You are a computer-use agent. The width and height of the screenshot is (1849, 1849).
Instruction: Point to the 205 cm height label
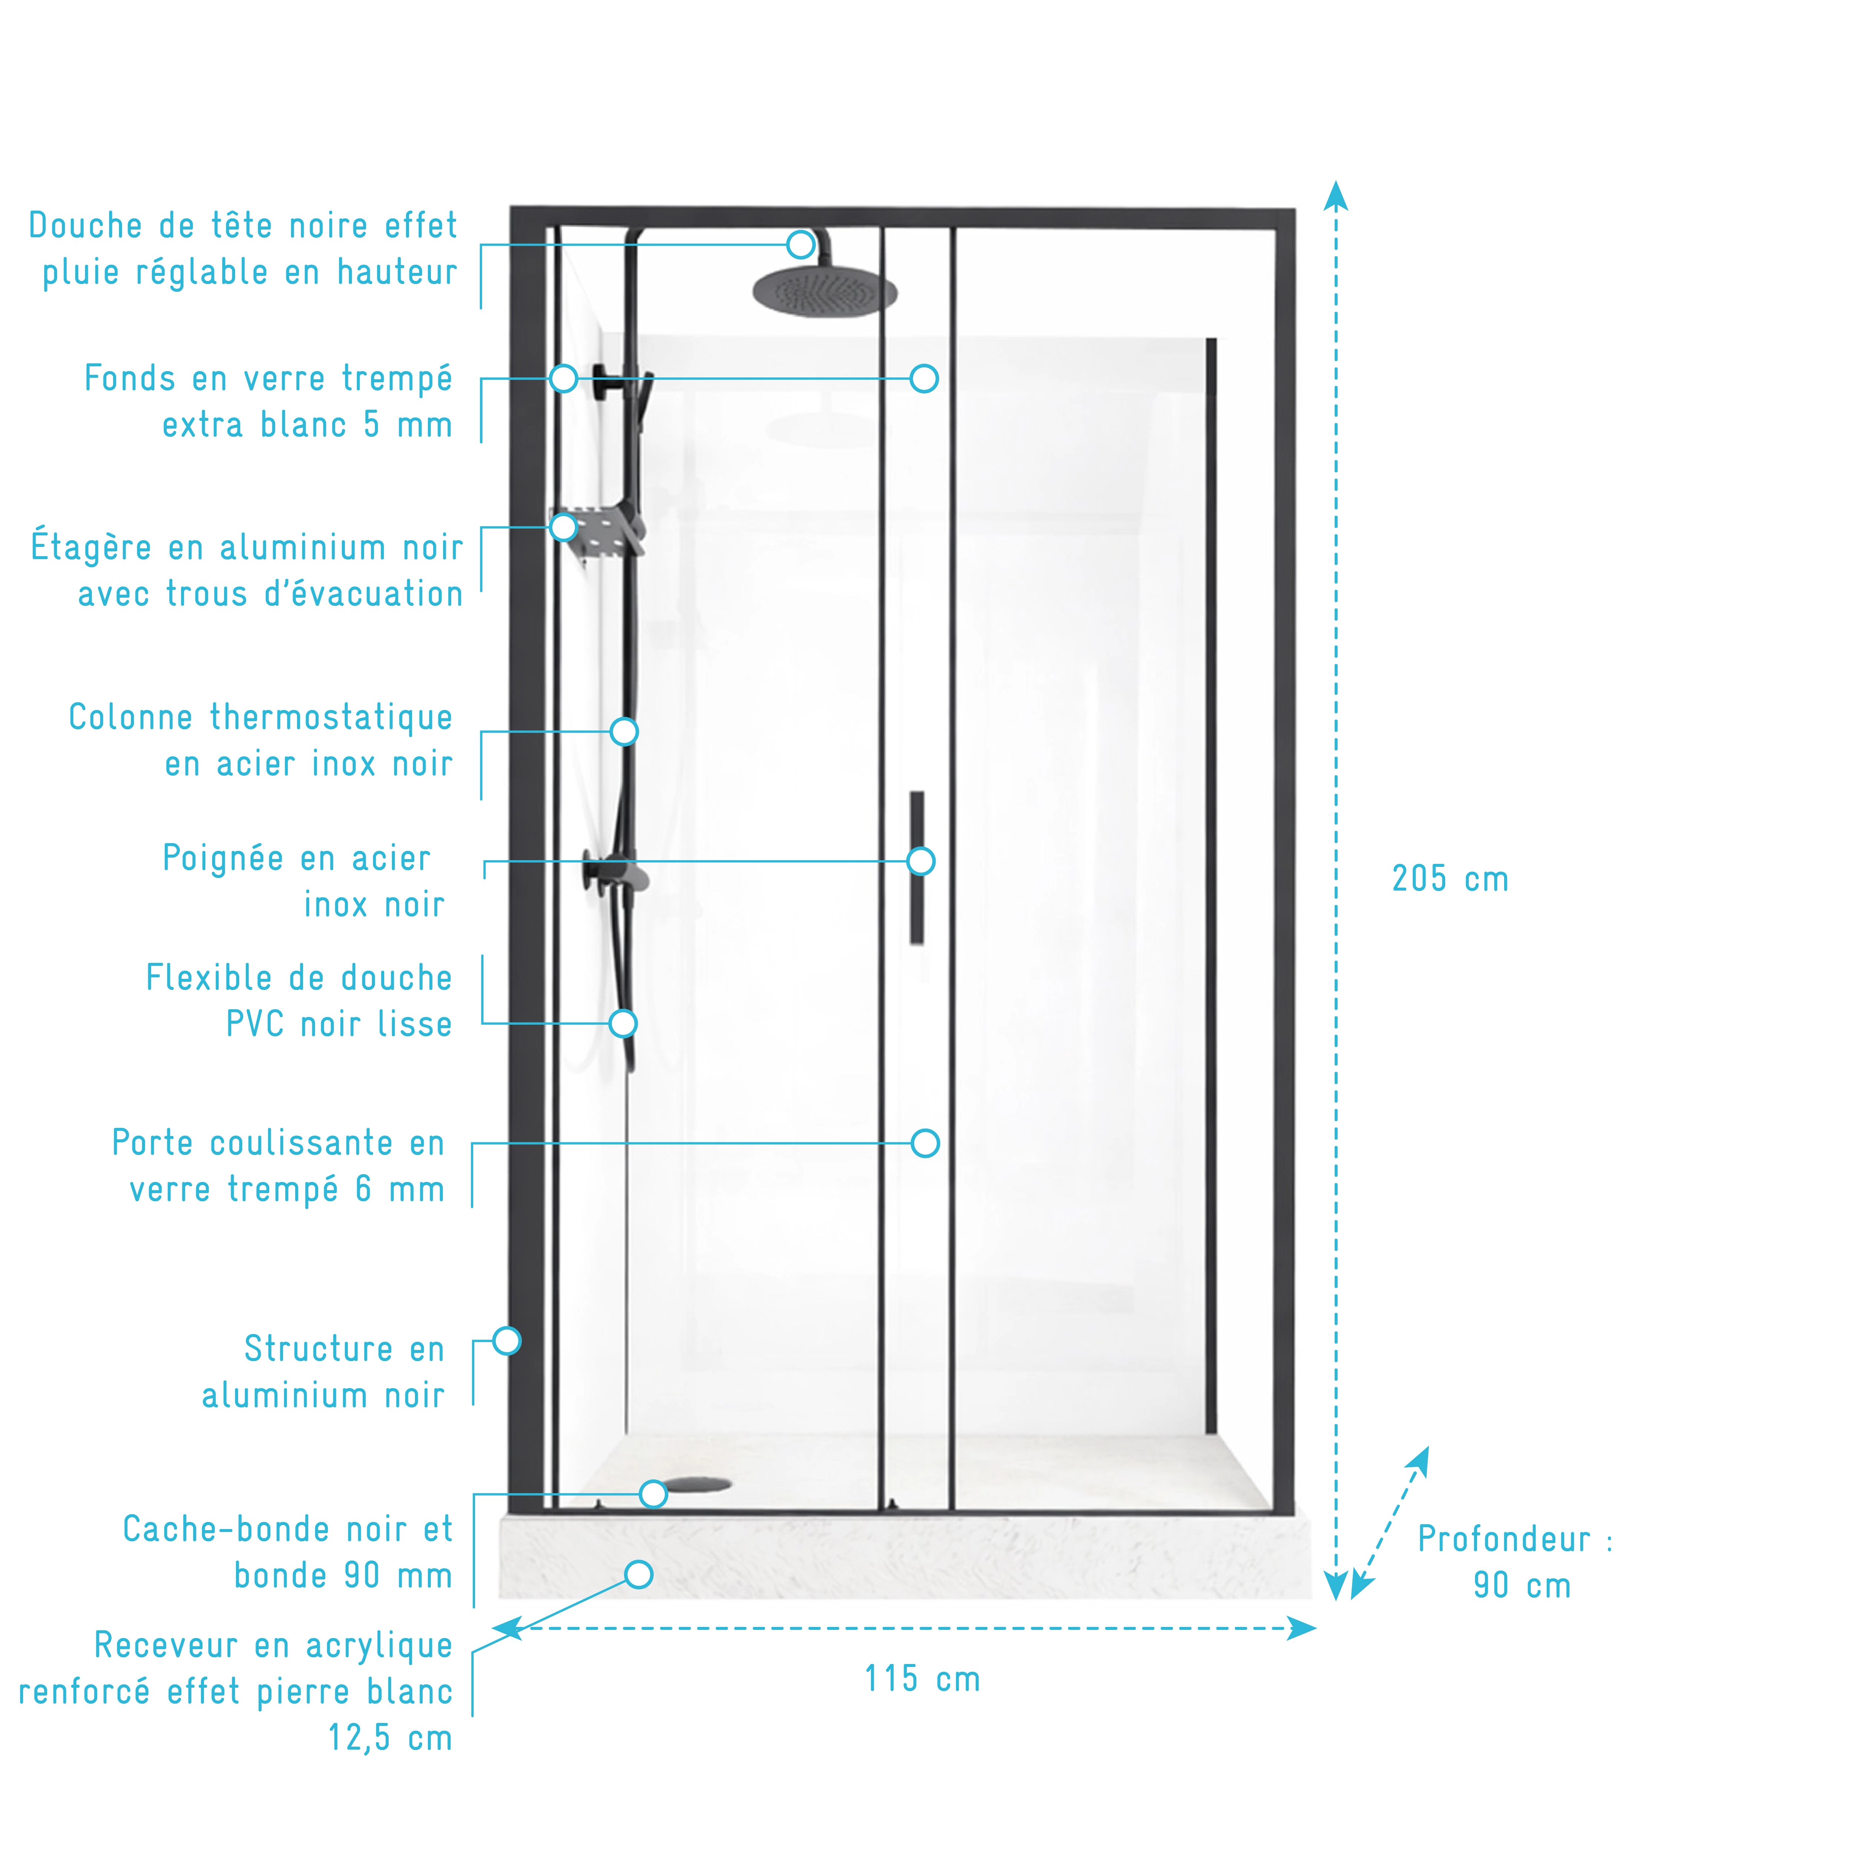(x=1450, y=879)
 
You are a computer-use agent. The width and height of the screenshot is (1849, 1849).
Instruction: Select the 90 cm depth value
(x=1522, y=1586)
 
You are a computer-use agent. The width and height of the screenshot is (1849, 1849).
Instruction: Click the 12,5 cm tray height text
(x=389, y=1737)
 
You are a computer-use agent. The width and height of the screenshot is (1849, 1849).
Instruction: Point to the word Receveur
(x=165, y=1645)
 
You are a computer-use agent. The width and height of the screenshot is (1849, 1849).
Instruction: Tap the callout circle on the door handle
(x=921, y=861)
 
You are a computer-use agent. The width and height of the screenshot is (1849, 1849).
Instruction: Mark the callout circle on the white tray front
(x=638, y=1574)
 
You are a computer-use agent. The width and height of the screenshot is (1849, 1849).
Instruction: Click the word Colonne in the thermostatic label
(x=130, y=717)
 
